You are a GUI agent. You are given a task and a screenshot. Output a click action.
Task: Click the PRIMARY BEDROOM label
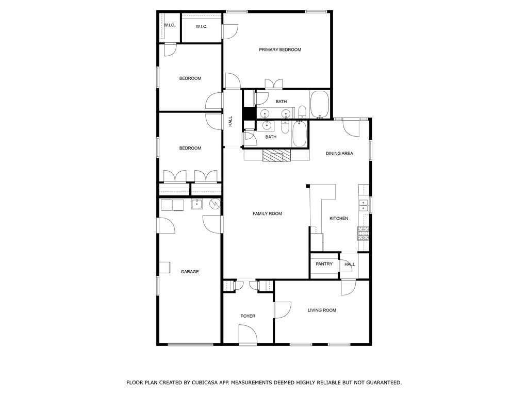[280, 50]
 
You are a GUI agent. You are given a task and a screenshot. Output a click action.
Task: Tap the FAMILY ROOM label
[268, 213]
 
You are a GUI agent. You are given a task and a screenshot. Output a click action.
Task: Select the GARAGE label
[190, 272]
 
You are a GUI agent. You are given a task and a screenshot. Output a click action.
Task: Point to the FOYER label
[248, 316]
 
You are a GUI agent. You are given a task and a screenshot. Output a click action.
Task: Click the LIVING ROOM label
[322, 310]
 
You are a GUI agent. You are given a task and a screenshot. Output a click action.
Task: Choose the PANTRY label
[324, 264]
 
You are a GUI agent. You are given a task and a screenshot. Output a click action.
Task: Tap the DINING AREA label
[339, 154]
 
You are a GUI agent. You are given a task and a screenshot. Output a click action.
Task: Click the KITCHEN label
[339, 219]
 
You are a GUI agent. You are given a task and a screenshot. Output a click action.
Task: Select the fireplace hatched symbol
[276, 156]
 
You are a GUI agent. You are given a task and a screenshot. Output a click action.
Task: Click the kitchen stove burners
[363, 233]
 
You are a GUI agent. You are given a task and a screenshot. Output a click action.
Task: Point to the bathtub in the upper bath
[320, 104]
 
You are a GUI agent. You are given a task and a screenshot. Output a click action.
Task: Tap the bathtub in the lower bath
[299, 134]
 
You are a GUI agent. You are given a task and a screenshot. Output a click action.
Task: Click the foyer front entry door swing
[248, 334]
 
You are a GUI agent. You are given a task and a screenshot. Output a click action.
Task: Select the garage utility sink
[196, 204]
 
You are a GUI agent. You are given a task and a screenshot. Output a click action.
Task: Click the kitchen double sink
[363, 205]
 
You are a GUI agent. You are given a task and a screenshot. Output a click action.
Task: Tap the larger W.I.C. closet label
[202, 27]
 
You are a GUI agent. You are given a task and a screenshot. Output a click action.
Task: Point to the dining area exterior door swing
[351, 128]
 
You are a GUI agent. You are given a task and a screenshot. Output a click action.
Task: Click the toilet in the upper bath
[302, 112]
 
